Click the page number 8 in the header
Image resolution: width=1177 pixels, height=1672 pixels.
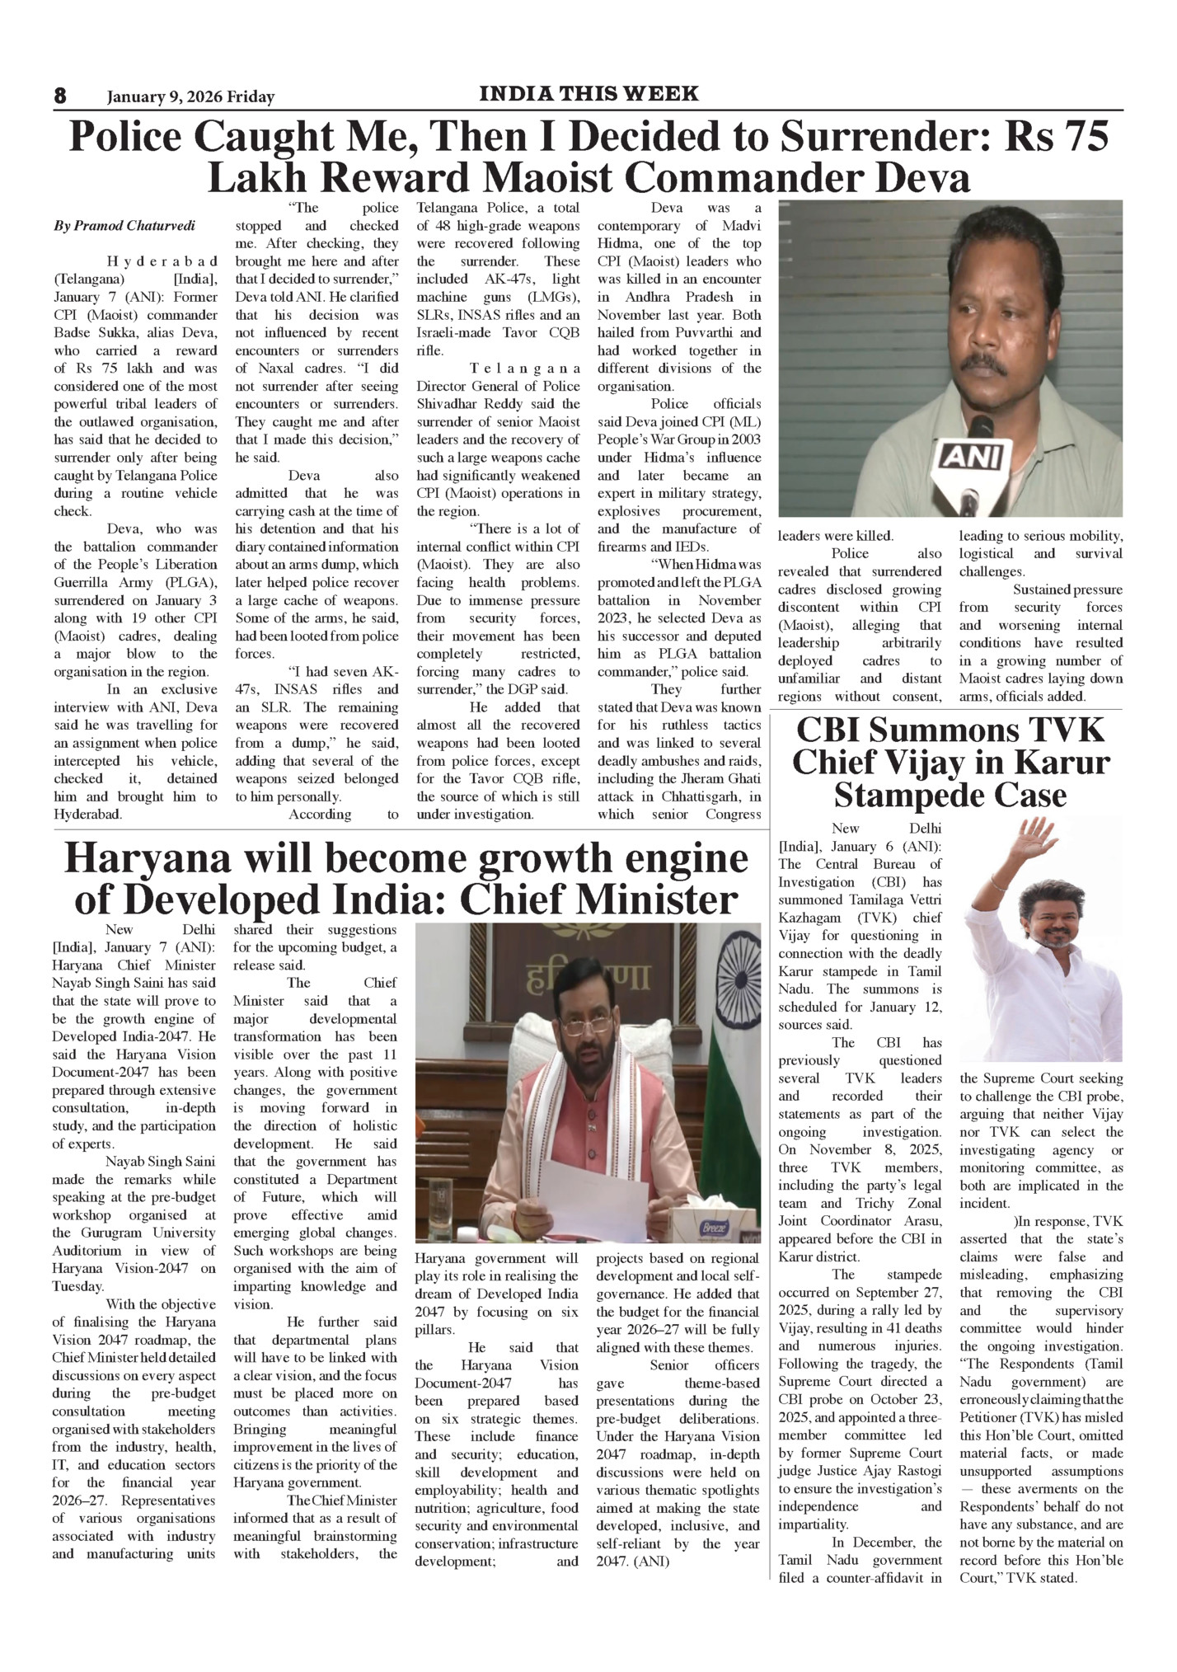(x=60, y=96)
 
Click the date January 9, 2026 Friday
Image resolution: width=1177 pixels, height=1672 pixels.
(x=190, y=97)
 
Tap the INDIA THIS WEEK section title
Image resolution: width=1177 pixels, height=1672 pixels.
(x=588, y=93)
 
